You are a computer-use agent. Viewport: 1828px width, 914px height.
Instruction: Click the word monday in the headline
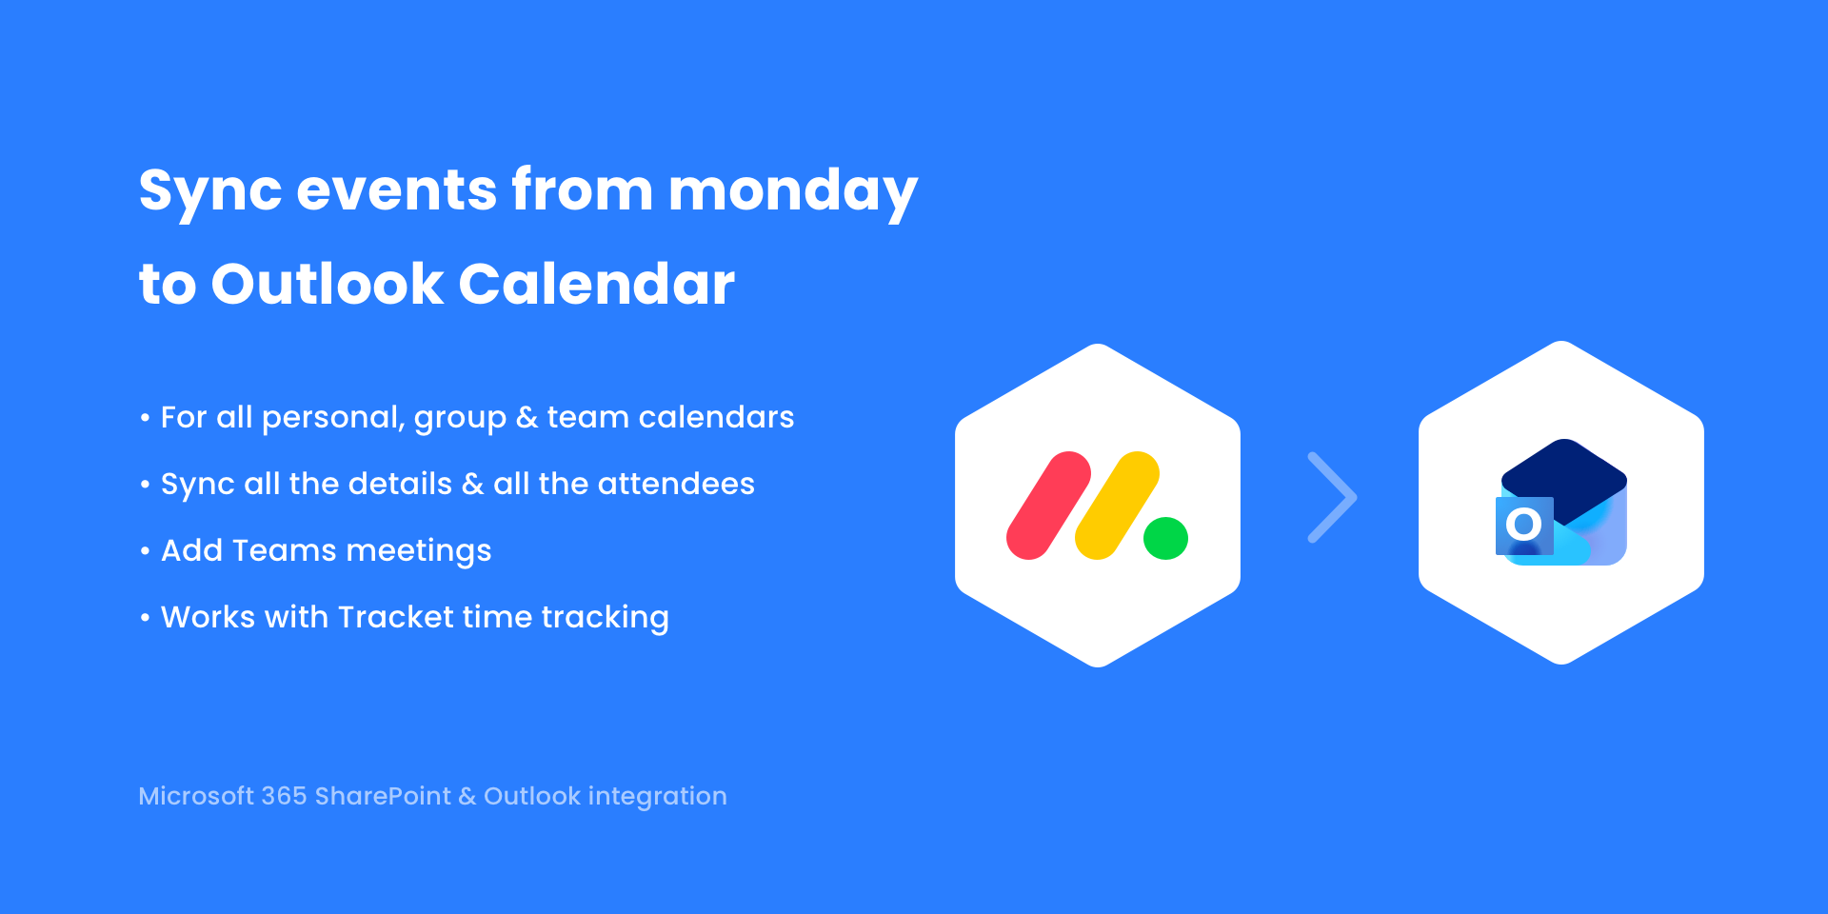tap(793, 191)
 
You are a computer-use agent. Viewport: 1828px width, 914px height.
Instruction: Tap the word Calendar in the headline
tap(597, 284)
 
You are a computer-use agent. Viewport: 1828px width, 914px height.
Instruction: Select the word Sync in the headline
tap(210, 191)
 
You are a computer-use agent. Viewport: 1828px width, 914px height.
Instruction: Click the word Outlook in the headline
tap(328, 284)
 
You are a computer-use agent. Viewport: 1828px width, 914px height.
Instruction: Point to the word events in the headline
tap(397, 190)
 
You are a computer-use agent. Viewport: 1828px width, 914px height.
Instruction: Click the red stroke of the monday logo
tap(1048, 506)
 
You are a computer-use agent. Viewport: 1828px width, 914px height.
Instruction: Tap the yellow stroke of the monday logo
tap(1117, 506)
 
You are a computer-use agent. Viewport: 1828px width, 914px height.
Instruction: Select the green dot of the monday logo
tap(1165, 538)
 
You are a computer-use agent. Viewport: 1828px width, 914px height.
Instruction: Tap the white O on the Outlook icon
tap(1524, 524)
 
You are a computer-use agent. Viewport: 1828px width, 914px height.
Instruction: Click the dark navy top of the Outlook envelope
tap(1564, 476)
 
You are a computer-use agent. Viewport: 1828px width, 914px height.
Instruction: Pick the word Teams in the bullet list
tap(284, 550)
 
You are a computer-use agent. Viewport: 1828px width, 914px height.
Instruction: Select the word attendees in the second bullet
tap(676, 484)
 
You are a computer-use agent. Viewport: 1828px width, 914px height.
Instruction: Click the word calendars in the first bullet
tap(716, 417)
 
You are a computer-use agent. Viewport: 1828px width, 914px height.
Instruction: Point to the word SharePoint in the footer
tap(383, 796)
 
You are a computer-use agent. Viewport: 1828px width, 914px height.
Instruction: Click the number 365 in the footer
tap(284, 796)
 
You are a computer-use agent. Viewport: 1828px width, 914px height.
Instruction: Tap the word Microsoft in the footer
tap(196, 796)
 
